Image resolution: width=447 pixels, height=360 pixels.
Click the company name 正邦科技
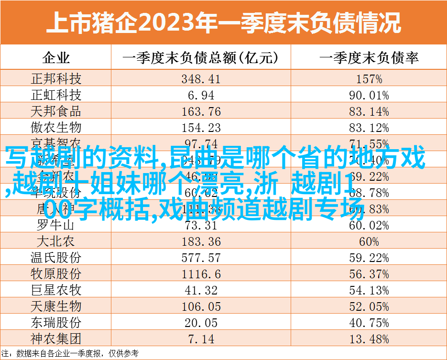click(56, 79)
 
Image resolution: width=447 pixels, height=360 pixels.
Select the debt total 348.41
click(201, 79)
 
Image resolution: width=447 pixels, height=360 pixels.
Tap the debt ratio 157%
click(369, 79)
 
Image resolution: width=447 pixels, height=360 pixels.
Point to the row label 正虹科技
click(56, 95)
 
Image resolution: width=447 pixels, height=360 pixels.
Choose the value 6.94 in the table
click(201, 95)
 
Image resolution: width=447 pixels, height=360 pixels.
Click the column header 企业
click(56, 58)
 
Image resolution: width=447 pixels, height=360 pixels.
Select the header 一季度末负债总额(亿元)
click(201, 58)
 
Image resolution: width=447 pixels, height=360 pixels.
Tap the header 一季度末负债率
click(369, 58)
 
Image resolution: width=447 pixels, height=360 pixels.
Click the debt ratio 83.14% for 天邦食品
click(369, 111)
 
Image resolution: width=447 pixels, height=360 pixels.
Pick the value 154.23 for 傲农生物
click(201, 128)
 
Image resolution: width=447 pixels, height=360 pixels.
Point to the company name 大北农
click(56, 241)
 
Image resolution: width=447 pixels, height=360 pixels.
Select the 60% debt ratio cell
click(369, 241)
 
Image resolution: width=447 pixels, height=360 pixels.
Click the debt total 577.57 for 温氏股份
click(201, 257)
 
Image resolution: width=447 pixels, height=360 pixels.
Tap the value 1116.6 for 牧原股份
click(201, 273)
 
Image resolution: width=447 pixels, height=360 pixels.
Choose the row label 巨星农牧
click(56, 290)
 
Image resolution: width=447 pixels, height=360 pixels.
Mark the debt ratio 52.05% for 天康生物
click(369, 306)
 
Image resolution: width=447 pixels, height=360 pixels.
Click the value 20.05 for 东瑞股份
click(201, 322)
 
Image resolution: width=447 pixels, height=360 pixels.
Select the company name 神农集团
click(56, 338)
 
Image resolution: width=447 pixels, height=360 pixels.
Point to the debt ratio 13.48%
click(369, 338)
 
